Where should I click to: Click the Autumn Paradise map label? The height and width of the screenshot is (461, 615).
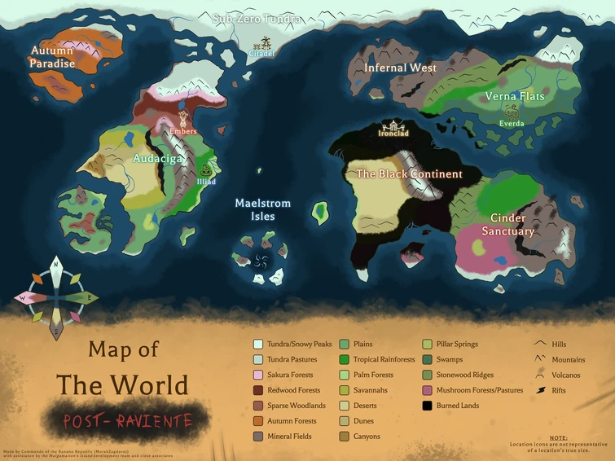click(x=52, y=57)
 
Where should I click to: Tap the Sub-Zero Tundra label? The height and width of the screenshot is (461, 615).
click(x=257, y=19)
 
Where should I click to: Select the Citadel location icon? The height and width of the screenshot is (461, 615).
click(x=262, y=43)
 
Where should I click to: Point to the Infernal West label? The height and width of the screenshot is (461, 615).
click(x=400, y=68)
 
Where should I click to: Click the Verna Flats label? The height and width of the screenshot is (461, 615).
click(x=515, y=96)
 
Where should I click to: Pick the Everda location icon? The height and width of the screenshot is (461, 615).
click(x=512, y=112)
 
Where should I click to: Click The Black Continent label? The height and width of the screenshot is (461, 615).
click(x=409, y=174)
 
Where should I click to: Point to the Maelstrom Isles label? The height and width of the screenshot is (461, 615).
click(x=262, y=209)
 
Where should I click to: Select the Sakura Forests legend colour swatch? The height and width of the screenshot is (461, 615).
click(x=258, y=375)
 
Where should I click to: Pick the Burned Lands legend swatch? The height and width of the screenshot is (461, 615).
click(x=428, y=406)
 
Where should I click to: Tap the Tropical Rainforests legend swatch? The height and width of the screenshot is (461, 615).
click(x=344, y=359)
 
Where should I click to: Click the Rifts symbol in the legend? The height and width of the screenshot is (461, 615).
click(x=539, y=390)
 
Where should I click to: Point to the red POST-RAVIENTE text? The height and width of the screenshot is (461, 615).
click(x=129, y=420)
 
